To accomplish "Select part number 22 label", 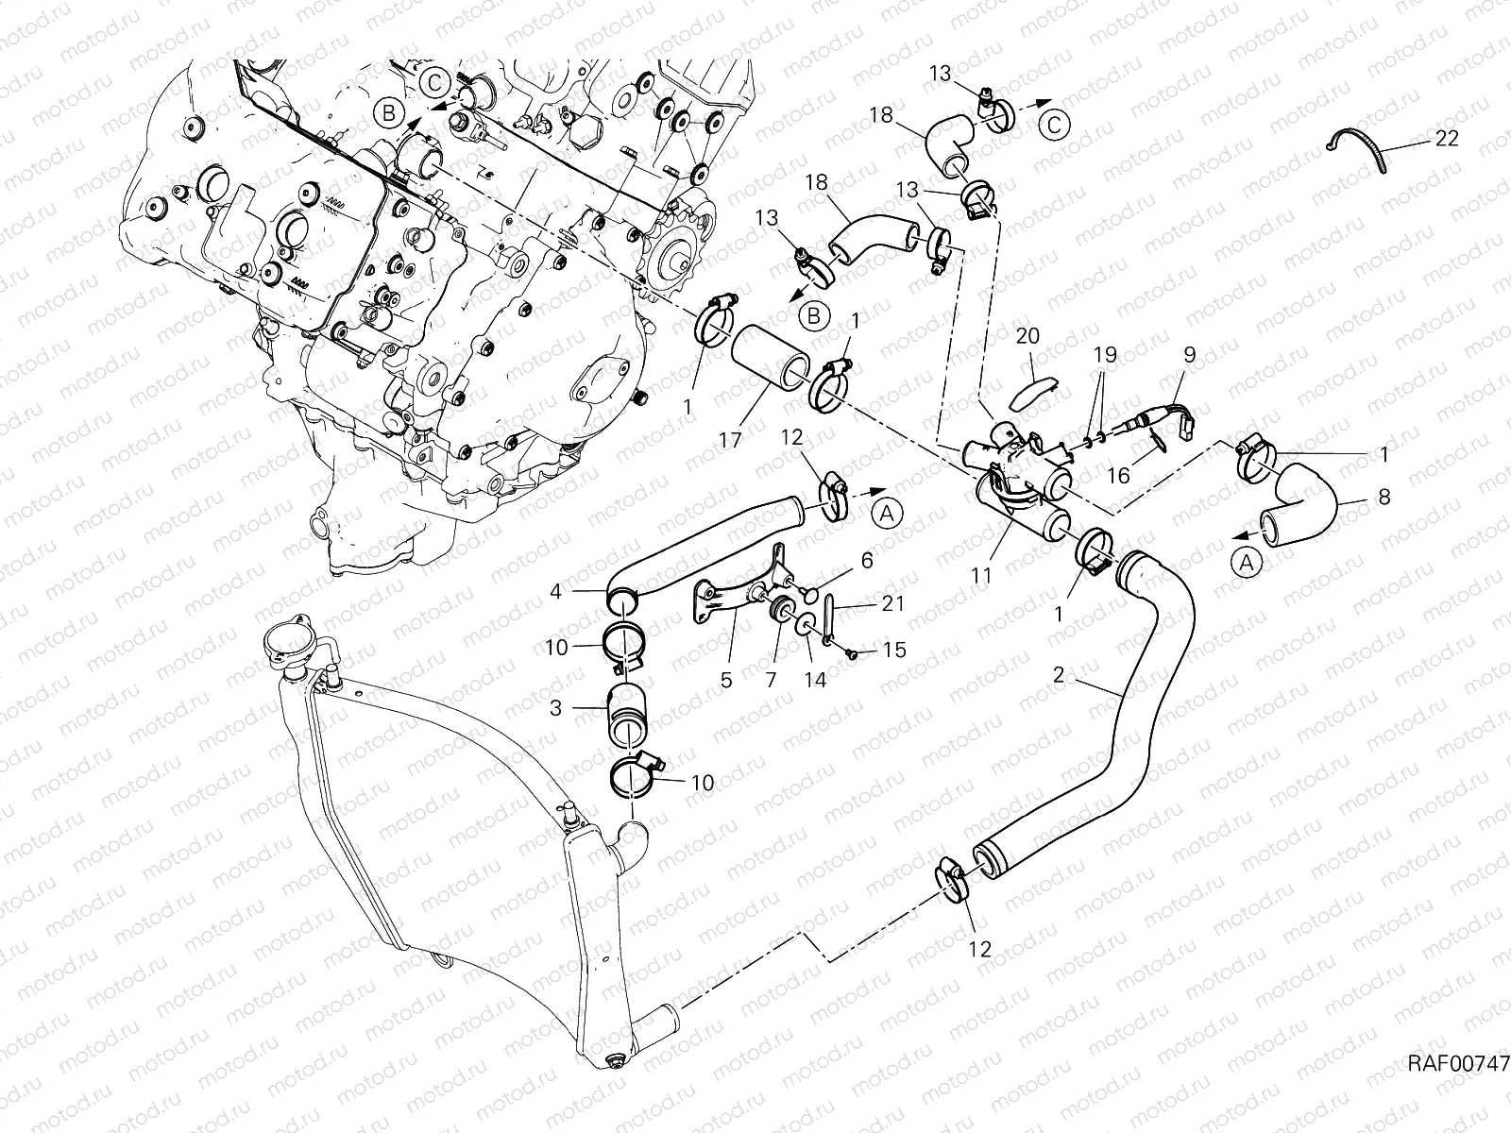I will coord(1446,139).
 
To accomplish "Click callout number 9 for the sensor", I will coord(1189,355).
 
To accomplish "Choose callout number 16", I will coord(1118,475).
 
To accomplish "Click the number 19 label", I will coord(1104,355).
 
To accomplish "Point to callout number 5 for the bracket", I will coord(726,679).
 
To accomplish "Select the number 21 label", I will coord(892,603).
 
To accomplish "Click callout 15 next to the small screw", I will coord(893,651).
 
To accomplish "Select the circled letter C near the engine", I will coord(435,82).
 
